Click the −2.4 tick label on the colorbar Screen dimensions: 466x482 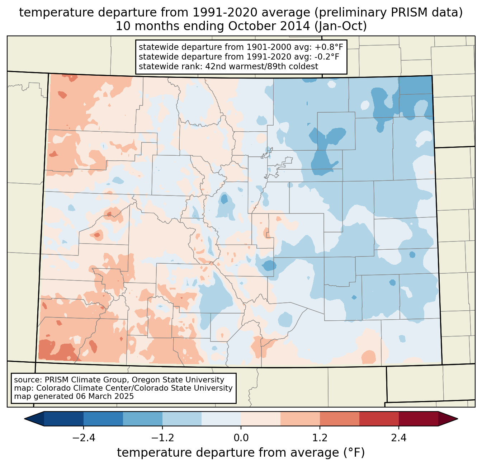click(x=84, y=438)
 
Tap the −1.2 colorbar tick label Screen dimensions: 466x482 click(x=162, y=438)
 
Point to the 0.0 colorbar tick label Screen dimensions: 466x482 click(x=241, y=438)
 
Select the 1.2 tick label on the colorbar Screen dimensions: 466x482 click(x=320, y=438)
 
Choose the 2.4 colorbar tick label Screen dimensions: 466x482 click(x=398, y=438)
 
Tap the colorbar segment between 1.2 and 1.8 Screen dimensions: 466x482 click(x=339, y=419)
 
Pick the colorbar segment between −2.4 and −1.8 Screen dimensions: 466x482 click(x=103, y=419)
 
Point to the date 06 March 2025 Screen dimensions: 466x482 click(x=105, y=396)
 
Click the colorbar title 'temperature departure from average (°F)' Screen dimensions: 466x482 click(x=241, y=453)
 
